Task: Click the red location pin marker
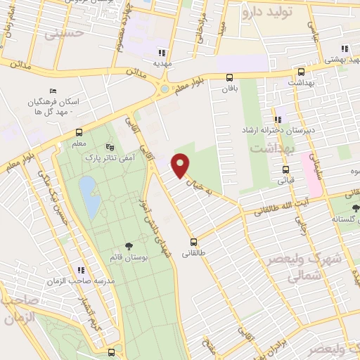click(181, 165)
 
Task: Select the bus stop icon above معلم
click(78, 132)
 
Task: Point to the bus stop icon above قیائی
click(285, 169)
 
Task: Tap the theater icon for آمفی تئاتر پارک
click(108, 147)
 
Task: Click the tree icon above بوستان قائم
click(128, 245)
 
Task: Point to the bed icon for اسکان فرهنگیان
click(52, 91)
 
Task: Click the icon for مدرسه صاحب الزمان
click(81, 269)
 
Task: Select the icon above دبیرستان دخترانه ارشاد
click(278, 119)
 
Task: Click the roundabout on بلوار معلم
click(165, 89)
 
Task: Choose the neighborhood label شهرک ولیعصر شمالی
click(304, 266)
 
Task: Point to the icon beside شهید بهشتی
click(345, 49)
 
